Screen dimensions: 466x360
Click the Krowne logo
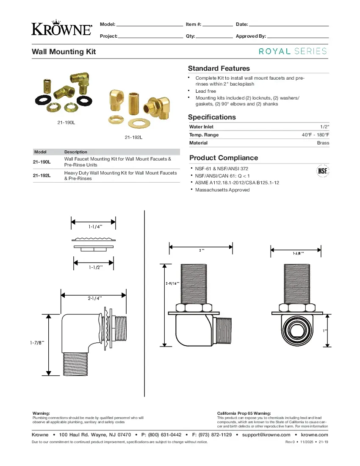point(62,28)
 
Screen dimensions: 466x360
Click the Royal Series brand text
point(293,51)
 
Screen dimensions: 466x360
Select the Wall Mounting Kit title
point(64,52)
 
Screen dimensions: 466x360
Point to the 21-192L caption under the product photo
point(133,137)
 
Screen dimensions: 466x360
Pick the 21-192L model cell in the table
point(42,175)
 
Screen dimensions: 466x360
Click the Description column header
point(76,152)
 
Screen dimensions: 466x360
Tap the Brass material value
point(323,143)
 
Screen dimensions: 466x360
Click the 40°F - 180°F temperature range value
point(315,135)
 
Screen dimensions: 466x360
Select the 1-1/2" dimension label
point(95,267)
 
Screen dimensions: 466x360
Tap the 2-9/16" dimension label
point(172,283)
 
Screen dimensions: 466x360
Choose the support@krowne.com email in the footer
point(266,435)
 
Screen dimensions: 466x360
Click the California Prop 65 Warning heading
point(244,413)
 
